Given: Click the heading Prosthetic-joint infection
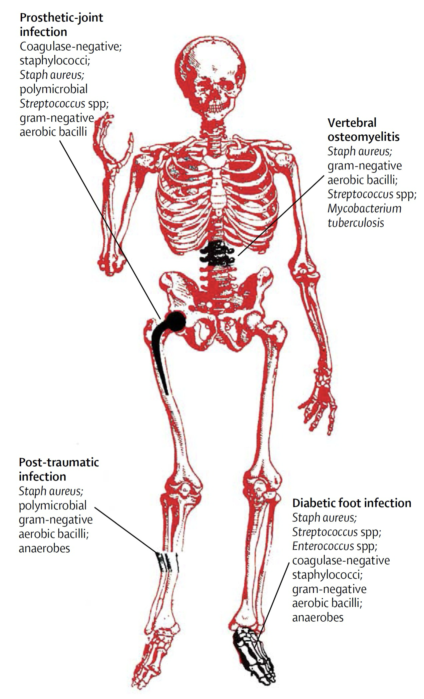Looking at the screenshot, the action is tap(61, 25).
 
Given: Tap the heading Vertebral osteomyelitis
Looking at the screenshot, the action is tap(363, 130).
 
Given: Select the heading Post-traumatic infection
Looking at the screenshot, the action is tap(59, 469).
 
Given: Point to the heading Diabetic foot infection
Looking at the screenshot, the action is tap(352, 503).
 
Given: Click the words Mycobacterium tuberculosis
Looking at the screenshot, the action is tap(364, 215).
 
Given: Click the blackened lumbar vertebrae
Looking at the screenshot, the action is tap(217, 254).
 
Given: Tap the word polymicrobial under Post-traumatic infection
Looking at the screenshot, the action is tap(52, 505).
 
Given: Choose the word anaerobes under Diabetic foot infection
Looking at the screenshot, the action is tap(318, 617).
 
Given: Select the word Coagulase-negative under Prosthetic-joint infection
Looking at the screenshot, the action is tap(70, 46).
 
